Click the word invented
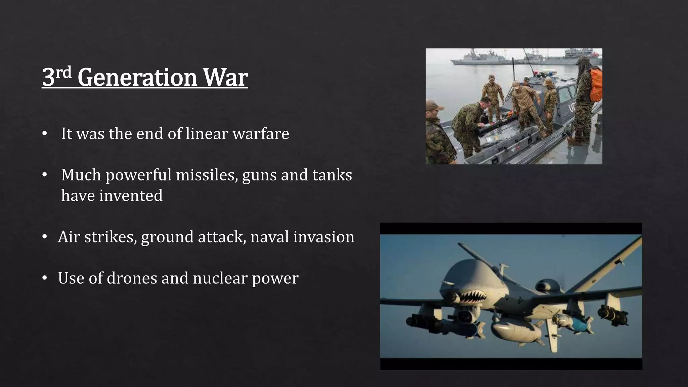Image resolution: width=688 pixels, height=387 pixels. tap(131, 196)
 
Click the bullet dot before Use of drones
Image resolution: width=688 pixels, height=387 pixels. tap(44, 278)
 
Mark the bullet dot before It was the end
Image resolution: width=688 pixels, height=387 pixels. tap(44, 134)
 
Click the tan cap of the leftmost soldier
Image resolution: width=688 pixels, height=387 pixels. tap(432, 105)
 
